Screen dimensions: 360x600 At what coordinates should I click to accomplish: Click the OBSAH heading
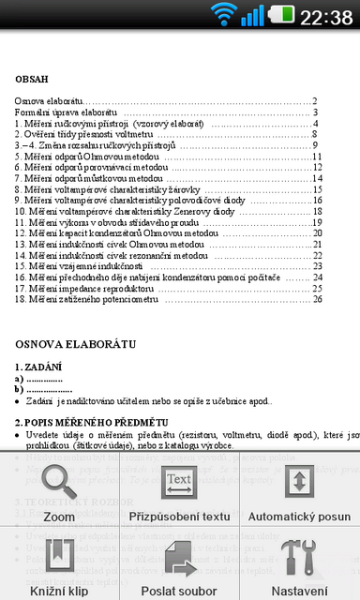pos(31,80)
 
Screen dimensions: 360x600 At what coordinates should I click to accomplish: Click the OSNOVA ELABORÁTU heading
pos(75,344)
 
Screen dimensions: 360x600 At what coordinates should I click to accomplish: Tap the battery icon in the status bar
pos(281,15)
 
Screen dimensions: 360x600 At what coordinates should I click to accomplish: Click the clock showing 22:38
pos(327,16)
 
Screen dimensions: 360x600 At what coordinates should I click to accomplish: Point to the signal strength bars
pos(252,15)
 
